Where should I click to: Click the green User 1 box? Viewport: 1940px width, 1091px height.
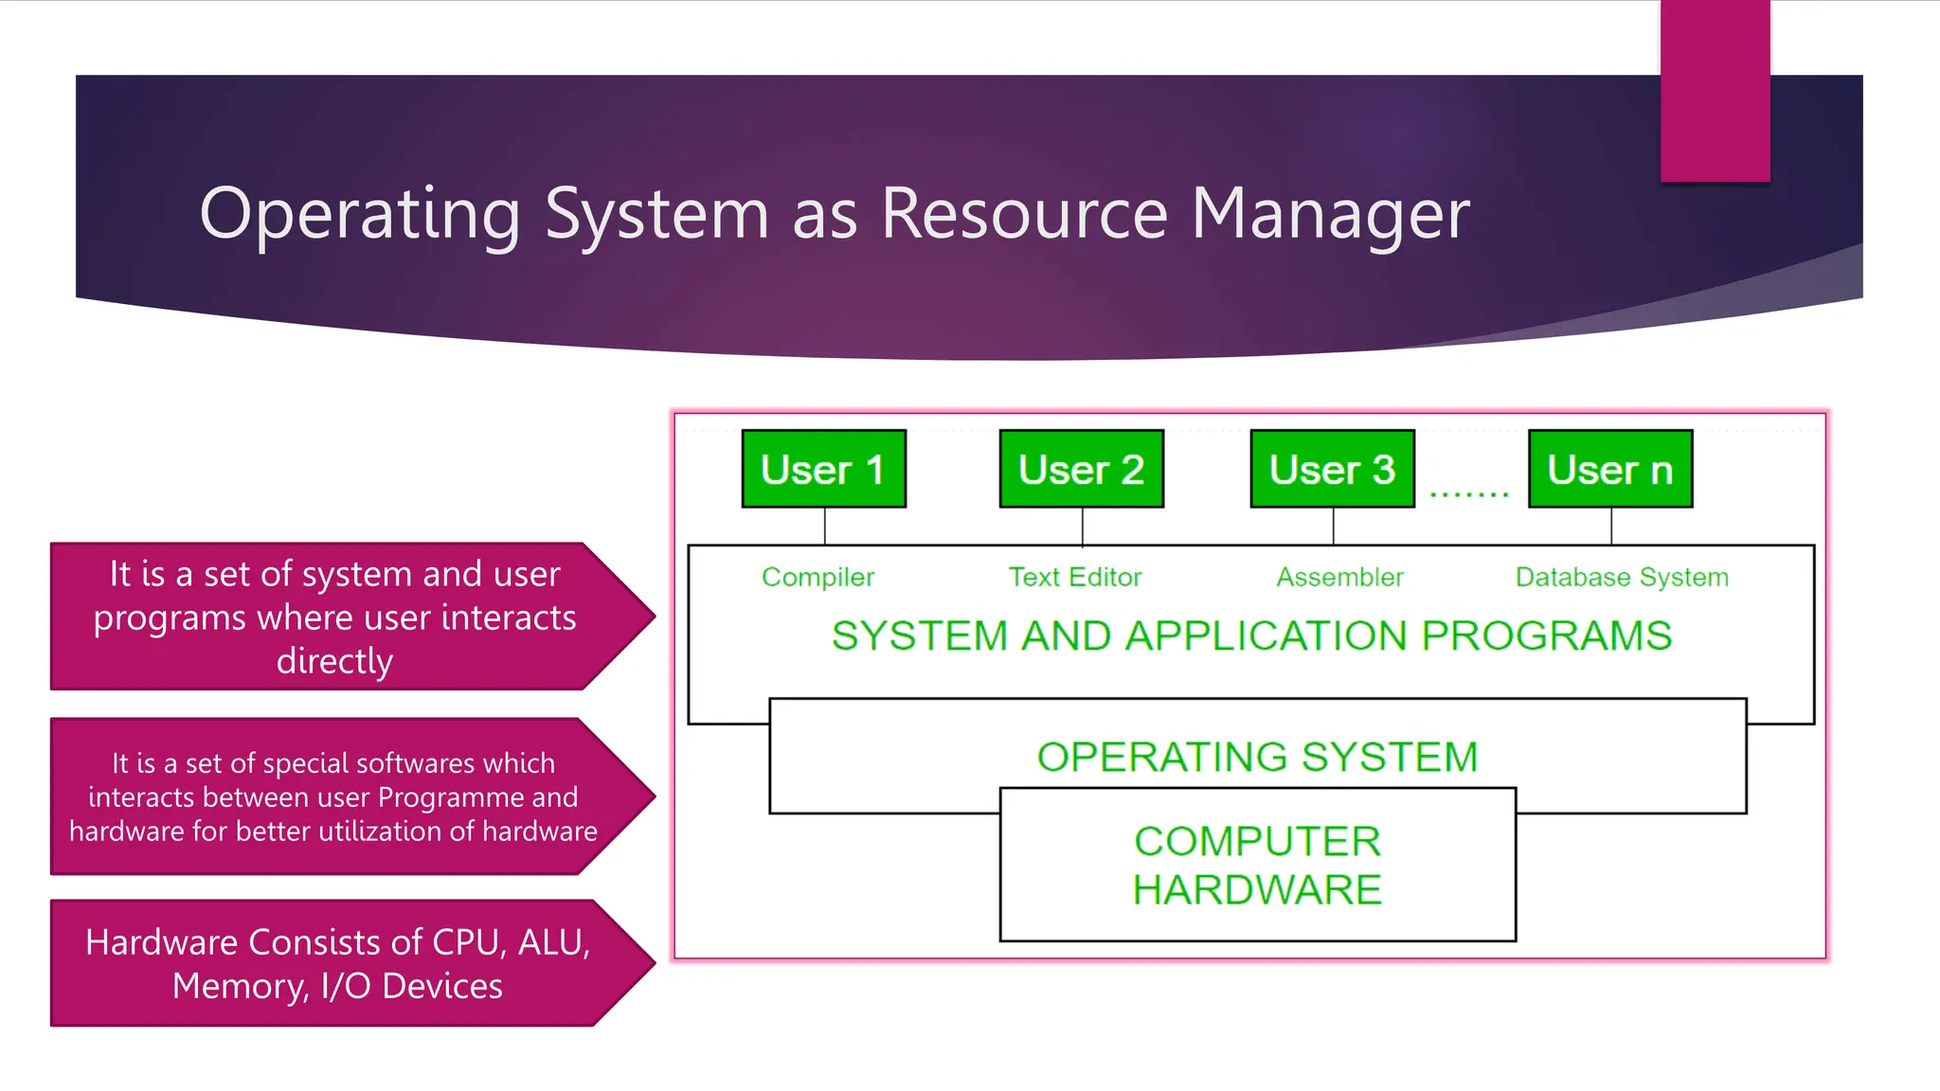tap(823, 469)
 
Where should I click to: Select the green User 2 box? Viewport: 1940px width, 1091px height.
tap(1081, 469)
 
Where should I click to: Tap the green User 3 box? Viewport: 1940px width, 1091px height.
tap(1332, 469)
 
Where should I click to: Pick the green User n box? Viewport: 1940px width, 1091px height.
tap(1609, 469)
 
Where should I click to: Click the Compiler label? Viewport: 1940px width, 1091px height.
tap(817, 577)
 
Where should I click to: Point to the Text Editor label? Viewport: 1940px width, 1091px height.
tap(1075, 577)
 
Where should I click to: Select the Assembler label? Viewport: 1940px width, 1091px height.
tap(1339, 577)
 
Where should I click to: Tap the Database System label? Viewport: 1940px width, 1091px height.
tap(1622, 577)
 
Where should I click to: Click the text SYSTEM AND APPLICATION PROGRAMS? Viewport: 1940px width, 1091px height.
tap(1251, 635)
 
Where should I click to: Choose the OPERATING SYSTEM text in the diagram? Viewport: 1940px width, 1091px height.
tap(1257, 757)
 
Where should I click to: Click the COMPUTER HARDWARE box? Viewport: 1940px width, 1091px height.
tap(1257, 866)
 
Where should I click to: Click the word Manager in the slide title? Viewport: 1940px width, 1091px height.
tap(1330, 214)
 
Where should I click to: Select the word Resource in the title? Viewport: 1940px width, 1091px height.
tap(1024, 214)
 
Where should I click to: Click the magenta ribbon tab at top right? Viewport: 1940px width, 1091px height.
tap(1715, 91)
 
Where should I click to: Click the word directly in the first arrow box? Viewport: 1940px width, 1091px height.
tap(334, 661)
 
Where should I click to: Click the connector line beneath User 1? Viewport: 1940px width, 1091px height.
tap(824, 526)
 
